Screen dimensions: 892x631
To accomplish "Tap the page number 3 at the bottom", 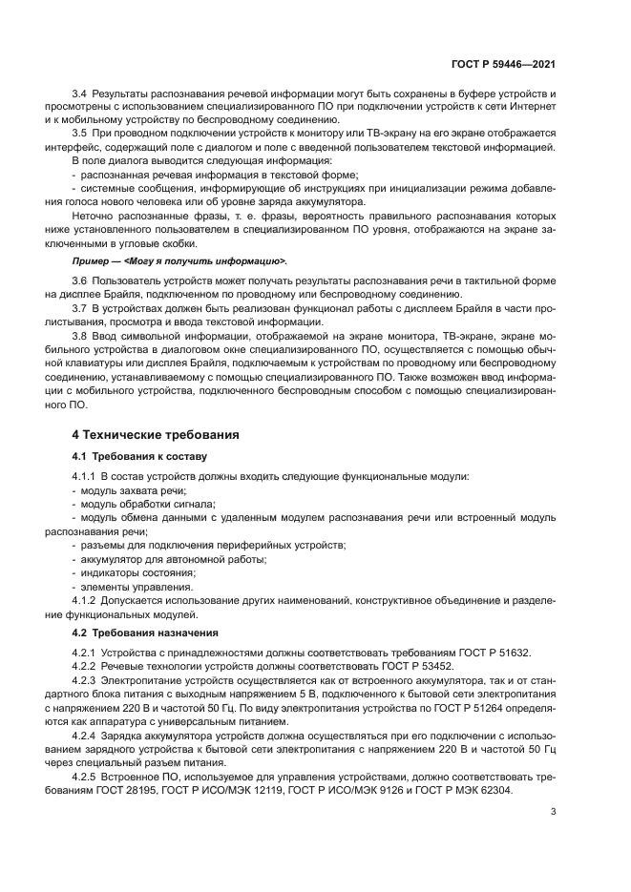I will (554, 813).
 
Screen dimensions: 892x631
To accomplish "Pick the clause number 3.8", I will (79, 338).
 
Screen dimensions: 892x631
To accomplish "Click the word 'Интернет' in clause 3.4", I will (530, 108).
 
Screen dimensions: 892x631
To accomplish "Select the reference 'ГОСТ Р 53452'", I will (418, 666).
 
